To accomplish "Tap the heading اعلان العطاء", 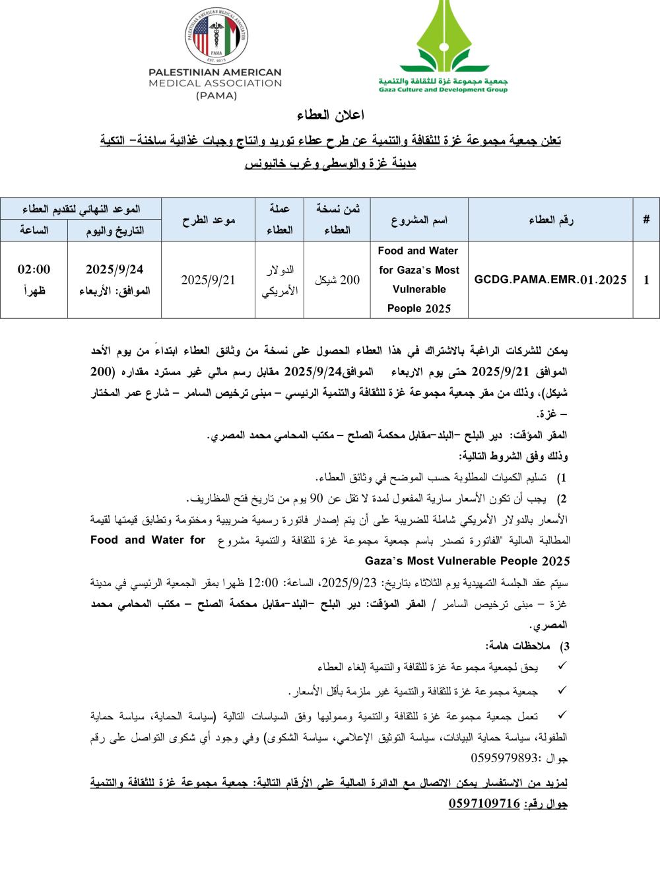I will (331, 115).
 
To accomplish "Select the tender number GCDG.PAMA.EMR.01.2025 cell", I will (550, 280).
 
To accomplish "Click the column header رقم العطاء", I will (550, 220).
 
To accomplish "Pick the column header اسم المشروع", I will (419, 220).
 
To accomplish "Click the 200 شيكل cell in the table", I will (337, 280).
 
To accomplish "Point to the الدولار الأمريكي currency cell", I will (280, 280).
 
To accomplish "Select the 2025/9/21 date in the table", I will (208, 280).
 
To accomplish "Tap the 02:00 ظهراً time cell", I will (34, 279).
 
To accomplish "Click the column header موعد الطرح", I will (208, 220).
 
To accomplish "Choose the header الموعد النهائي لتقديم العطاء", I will (81, 209).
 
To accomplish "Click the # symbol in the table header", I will (646, 220).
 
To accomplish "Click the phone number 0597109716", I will (484, 804).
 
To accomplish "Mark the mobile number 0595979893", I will (505, 758).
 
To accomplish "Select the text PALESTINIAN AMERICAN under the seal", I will (215, 72).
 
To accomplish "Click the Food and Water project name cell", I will (419, 280).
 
